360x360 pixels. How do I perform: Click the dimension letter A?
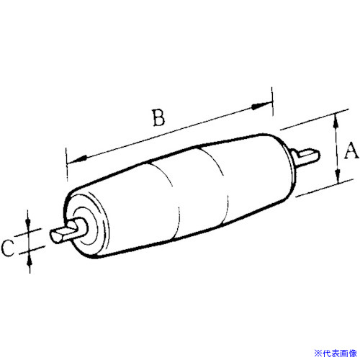(351, 150)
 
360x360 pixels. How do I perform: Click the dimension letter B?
(159, 117)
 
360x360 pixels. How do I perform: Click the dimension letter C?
(8, 248)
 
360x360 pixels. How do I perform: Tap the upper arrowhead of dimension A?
(336, 121)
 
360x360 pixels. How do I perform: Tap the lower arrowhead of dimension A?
(338, 176)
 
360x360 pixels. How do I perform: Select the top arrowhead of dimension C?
(28, 220)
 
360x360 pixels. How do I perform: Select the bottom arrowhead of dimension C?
(30, 260)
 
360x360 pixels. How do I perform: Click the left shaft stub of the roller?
(68, 231)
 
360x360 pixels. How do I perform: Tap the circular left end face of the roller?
(86, 225)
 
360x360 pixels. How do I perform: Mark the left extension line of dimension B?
(66, 164)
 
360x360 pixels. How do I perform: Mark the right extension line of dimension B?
(272, 101)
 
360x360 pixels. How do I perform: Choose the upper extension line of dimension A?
(315, 120)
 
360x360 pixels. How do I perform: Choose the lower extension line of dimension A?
(325, 188)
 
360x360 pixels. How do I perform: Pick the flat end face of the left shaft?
(55, 236)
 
